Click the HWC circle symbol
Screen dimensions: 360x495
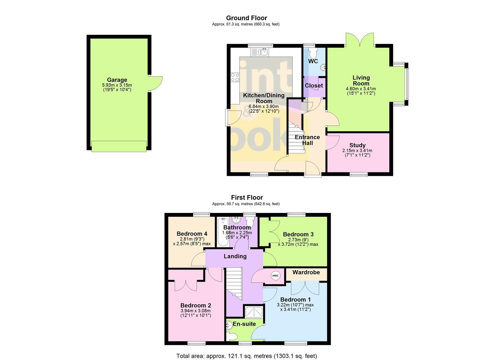(275, 276)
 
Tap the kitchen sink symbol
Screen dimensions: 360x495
(260, 52)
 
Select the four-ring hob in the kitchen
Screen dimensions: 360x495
(235, 77)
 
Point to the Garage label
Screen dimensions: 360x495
(117, 80)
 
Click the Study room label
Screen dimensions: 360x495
(357, 145)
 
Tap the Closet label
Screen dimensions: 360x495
(314, 86)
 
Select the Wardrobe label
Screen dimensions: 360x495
(306, 272)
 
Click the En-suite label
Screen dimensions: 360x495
(244, 324)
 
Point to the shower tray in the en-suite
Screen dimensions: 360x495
(254, 312)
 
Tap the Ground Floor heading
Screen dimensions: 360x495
(246, 18)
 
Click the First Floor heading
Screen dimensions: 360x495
(247, 198)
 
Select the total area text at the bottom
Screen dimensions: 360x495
(246, 356)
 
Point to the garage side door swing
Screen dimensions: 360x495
(155, 83)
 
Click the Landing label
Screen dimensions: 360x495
(235, 256)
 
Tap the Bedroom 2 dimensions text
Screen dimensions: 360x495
(195, 313)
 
